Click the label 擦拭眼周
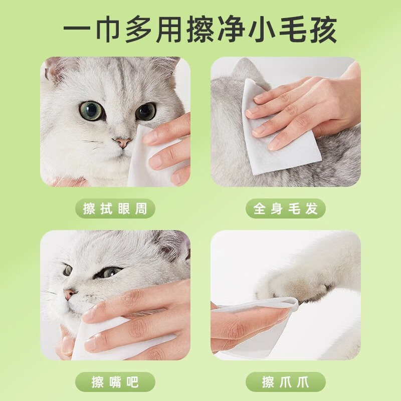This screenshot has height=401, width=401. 115,209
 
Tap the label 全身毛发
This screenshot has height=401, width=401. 286,209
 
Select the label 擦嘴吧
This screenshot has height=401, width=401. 115,382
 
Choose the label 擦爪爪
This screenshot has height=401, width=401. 286,382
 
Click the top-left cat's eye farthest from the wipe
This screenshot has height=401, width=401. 91,110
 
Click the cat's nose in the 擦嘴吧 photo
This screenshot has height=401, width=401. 69,294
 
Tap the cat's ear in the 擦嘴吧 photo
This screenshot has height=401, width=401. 173,246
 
